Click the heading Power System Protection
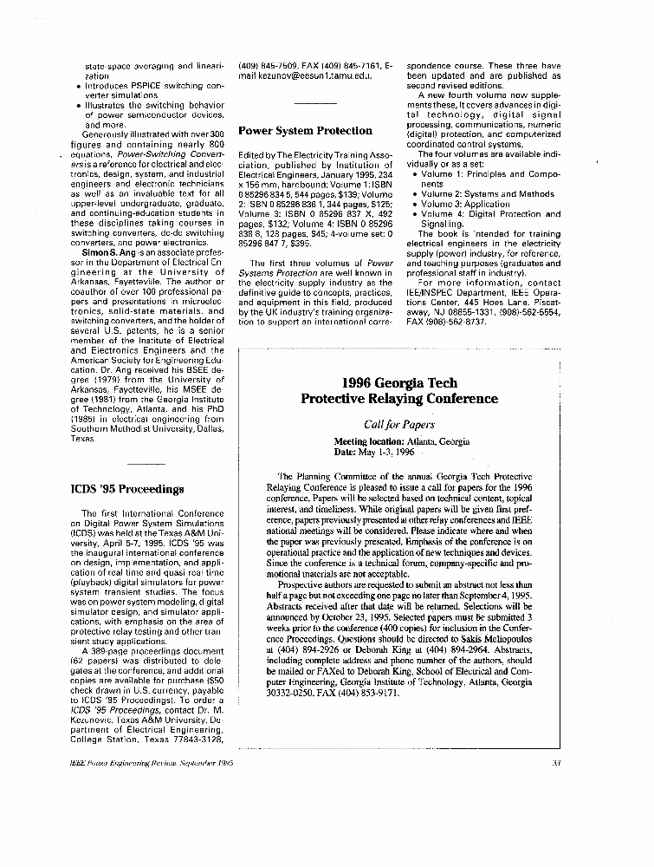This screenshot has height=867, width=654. coord(305,131)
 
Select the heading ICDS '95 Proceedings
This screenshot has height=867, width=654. coord(127,489)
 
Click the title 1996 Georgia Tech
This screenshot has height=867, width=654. coord(398,382)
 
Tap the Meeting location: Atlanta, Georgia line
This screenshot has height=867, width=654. coord(402,442)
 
